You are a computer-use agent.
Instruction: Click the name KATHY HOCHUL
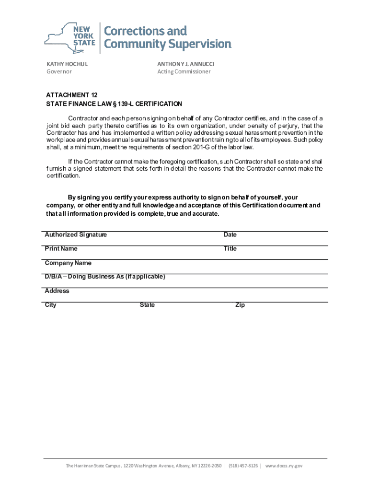point(67,64)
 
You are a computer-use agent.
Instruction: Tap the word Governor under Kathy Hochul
point(59,72)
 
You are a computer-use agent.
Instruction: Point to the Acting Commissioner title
point(184,72)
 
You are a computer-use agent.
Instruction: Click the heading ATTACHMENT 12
point(71,95)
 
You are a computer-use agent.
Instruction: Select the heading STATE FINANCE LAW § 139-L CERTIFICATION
point(114,104)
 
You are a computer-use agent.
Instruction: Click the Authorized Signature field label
point(76,235)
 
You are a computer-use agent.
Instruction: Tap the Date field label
point(230,235)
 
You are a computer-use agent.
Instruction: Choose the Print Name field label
point(61,249)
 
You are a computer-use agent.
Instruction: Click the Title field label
point(230,249)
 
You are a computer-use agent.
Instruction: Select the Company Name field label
point(68,263)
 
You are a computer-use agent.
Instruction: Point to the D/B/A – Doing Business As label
point(105,277)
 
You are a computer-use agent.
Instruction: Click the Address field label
point(57,291)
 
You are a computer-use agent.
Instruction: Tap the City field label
point(50,305)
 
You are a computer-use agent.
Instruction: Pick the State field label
point(147,305)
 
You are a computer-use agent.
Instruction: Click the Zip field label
point(240,305)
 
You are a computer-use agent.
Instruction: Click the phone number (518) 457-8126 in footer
point(243,466)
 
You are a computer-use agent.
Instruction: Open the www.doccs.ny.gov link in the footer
point(284,466)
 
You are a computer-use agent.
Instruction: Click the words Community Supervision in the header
point(168,44)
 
